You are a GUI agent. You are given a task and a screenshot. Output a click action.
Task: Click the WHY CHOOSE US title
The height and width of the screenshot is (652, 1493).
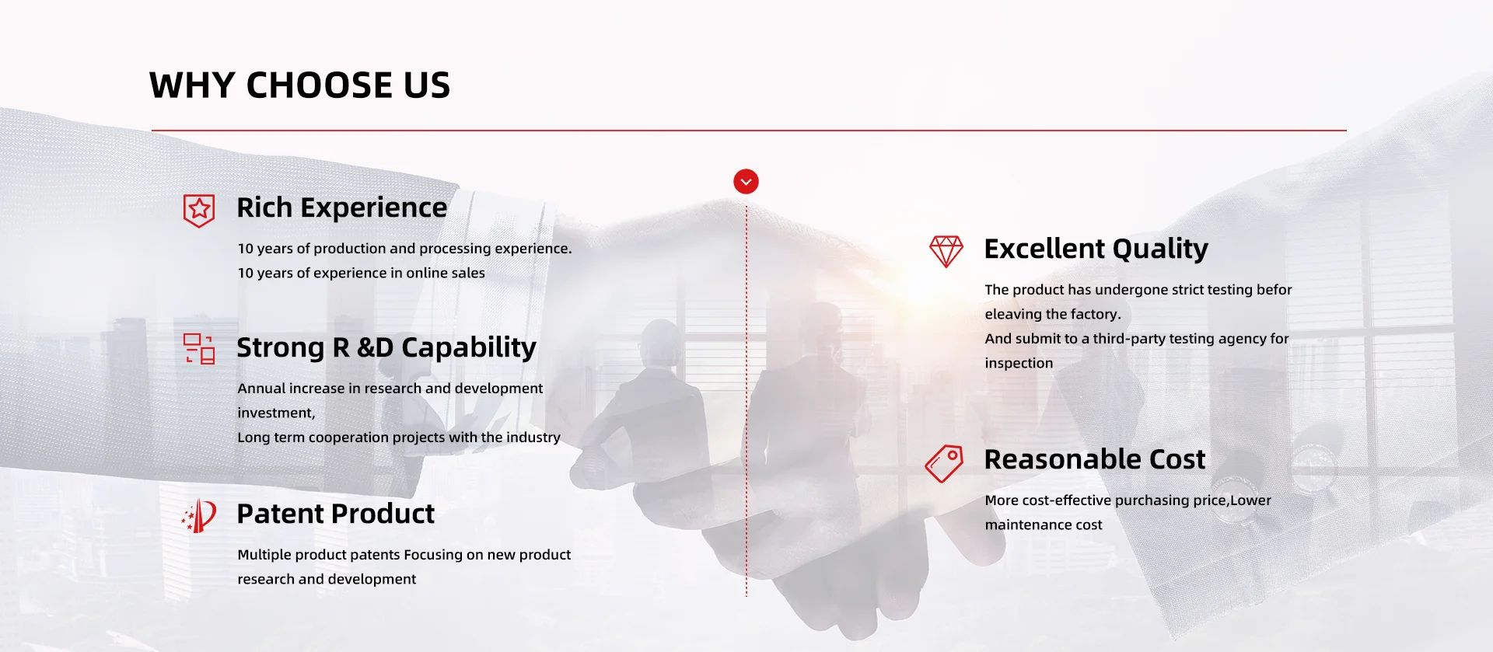pyautogui.click(x=299, y=85)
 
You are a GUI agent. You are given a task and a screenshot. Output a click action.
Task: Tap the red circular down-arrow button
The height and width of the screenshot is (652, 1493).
pyautogui.click(x=746, y=182)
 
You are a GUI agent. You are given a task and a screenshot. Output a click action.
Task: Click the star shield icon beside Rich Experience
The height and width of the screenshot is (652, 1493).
pyautogui.click(x=199, y=210)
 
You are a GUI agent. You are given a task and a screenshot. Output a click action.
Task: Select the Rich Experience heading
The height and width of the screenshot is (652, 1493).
pyautogui.click(x=342, y=208)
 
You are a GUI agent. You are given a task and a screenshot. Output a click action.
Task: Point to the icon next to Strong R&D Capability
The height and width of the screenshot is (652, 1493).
pyautogui.click(x=199, y=349)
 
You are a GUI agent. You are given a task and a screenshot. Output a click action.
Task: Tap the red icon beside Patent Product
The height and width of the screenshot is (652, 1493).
pyautogui.click(x=199, y=515)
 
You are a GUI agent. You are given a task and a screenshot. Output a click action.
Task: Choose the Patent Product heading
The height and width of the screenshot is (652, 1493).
pyautogui.click(x=336, y=514)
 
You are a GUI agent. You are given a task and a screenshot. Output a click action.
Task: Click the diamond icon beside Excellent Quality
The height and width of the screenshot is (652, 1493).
pyautogui.click(x=946, y=251)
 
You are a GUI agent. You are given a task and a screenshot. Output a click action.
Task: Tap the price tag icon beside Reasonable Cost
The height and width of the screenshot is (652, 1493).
pyautogui.click(x=945, y=463)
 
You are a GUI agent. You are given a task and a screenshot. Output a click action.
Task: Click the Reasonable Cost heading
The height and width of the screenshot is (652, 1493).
pyautogui.click(x=1095, y=459)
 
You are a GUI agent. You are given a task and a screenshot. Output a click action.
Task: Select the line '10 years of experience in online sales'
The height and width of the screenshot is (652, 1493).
pyautogui.click(x=362, y=273)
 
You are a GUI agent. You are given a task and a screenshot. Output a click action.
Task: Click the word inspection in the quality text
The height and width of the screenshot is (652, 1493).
pyautogui.click(x=1019, y=363)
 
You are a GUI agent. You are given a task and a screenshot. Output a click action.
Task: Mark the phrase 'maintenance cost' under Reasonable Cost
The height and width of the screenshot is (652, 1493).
pyautogui.click(x=1044, y=525)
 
